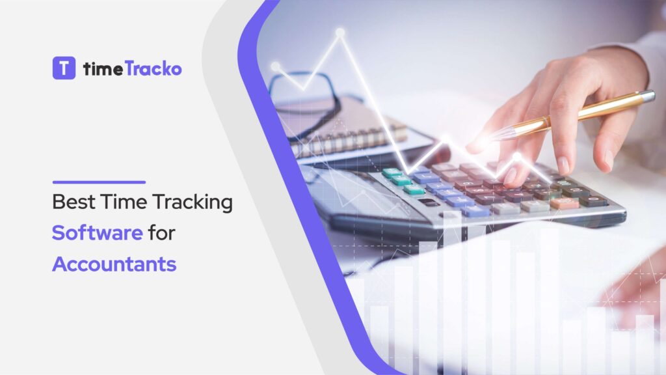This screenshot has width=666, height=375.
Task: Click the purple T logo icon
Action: [64, 68]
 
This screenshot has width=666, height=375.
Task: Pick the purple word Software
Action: [97, 233]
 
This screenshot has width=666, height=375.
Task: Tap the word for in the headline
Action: [161, 233]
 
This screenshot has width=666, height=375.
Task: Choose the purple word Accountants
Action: [114, 264]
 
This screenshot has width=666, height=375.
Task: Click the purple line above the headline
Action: [98, 182]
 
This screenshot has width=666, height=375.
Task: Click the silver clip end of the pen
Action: [646, 96]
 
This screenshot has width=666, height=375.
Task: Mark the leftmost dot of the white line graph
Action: [275, 66]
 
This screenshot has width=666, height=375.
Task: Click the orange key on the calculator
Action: [563, 202]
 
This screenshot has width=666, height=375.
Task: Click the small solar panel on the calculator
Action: [429, 202]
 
